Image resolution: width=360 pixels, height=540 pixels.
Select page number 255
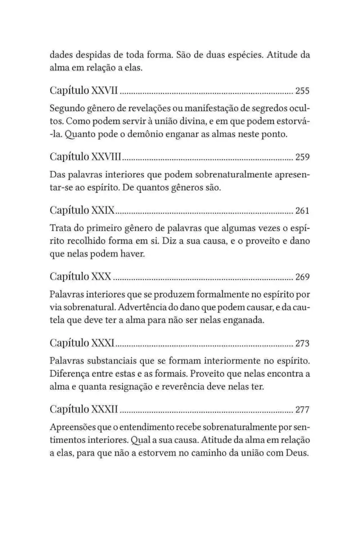click(x=302, y=91)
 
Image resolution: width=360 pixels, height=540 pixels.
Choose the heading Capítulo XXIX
click(x=82, y=210)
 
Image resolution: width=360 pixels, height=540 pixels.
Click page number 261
click(x=302, y=211)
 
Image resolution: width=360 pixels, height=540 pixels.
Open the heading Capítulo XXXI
click(x=82, y=342)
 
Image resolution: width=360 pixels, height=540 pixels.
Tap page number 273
click(x=302, y=343)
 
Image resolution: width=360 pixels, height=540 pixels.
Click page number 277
click(x=302, y=408)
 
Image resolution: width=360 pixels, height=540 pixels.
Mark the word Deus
click(x=297, y=452)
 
